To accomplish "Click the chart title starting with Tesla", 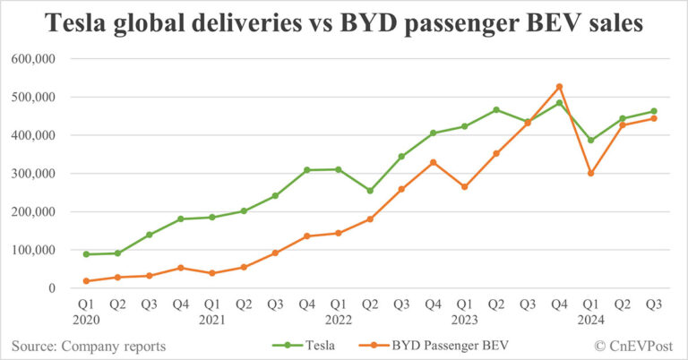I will point(344,24).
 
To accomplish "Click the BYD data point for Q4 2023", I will point(559,87).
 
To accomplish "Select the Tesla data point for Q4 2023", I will point(559,103).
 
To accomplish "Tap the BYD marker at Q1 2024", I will point(590,173).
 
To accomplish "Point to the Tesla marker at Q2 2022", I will point(370,191).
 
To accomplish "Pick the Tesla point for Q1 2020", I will point(86,254).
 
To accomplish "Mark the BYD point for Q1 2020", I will point(86,281).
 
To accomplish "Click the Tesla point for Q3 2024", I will point(653,111).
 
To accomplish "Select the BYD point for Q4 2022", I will point(433,162).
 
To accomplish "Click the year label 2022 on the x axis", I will point(339,319).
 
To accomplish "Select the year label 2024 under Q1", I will point(590,319).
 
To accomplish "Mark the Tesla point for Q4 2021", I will point(306,170).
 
